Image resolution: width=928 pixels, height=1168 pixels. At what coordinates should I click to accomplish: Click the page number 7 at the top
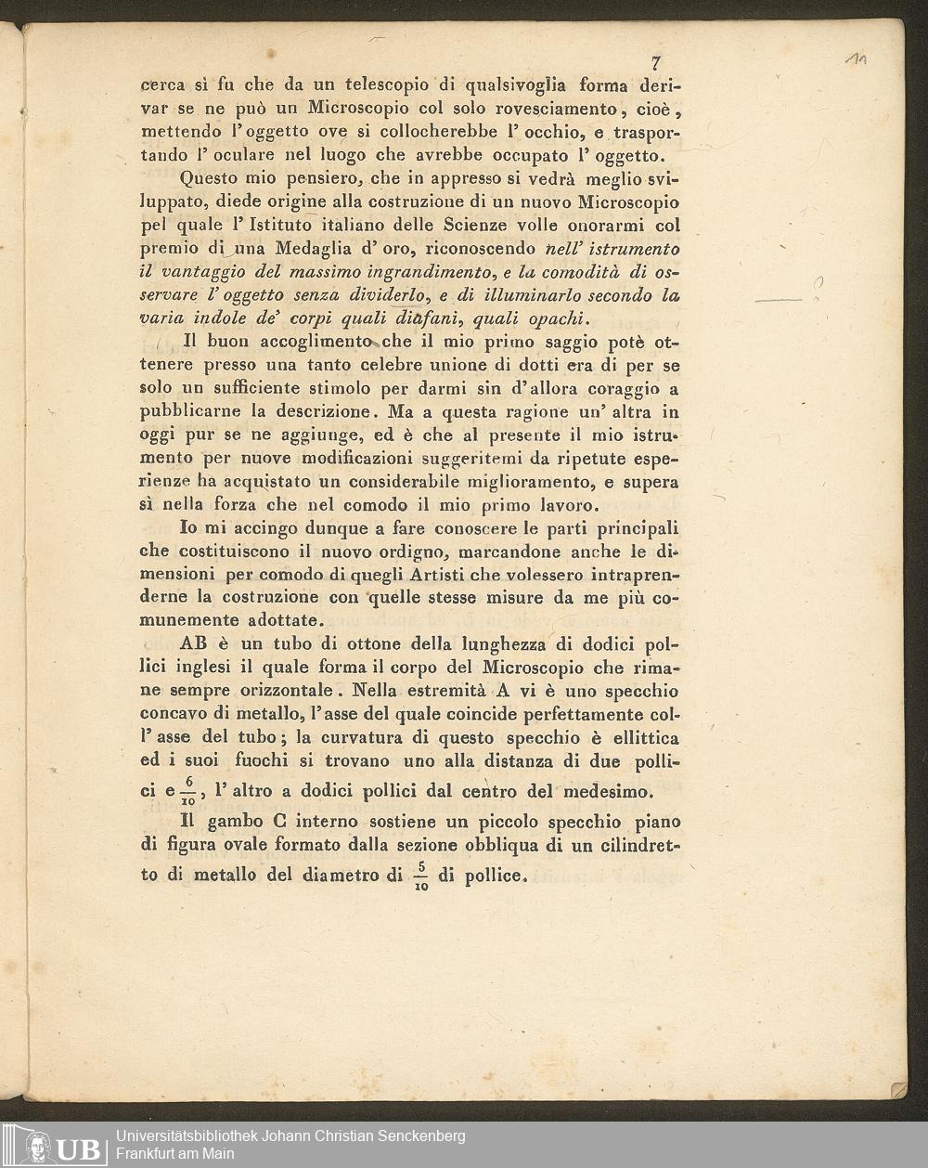pos(656,63)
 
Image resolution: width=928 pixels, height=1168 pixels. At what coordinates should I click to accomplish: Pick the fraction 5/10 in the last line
pos(420,876)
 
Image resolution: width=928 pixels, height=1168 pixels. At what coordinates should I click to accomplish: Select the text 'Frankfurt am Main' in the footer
pos(174,1154)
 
